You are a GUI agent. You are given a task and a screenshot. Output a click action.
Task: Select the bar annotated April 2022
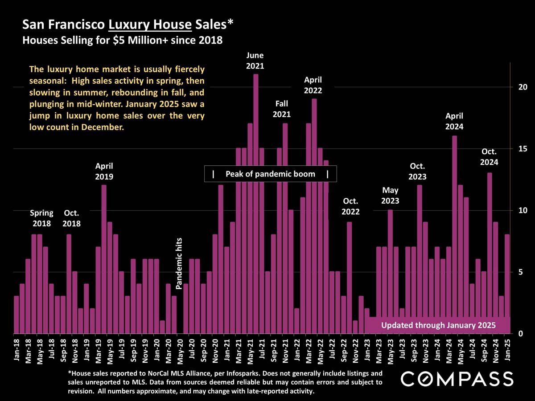point(314,214)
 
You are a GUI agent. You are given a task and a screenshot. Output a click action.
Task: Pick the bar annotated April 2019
point(104,258)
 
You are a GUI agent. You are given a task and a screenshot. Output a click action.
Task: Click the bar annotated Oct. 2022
point(349,276)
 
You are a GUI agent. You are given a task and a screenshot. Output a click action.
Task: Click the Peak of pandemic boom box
point(270,174)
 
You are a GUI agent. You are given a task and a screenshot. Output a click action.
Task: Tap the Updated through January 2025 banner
point(438,325)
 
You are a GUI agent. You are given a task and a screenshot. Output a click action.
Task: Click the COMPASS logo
point(457,379)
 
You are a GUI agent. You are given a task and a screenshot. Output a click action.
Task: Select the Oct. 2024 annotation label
point(489,157)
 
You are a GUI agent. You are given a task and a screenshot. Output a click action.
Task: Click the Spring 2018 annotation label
point(41,218)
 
